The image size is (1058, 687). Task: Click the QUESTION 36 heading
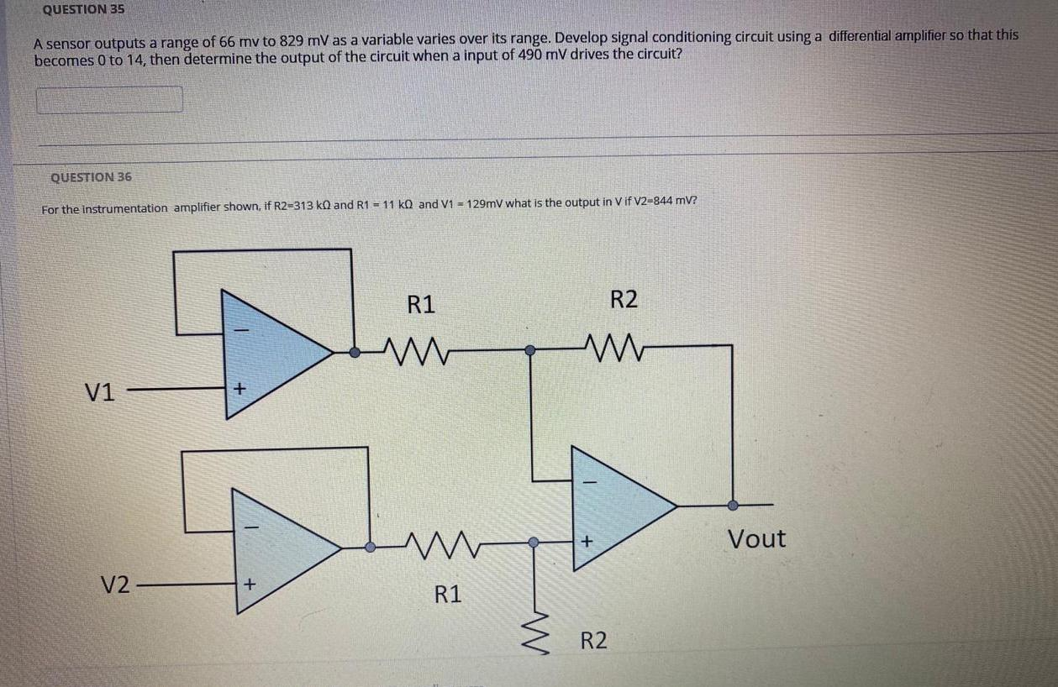[91, 177]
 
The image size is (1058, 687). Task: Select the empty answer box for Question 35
[108, 99]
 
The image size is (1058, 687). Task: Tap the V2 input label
[116, 585]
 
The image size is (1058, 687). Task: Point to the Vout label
[756, 538]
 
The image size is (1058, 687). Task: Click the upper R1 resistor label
[421, 304]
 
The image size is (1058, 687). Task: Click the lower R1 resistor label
[448, 595]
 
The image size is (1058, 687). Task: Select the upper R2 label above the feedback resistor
[624, 299]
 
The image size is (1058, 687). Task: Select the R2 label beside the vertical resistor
[594, 642]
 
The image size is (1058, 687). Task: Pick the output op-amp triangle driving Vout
[618, 506]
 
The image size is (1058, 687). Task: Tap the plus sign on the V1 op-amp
[239, 389]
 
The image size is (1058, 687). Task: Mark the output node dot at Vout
[732, 506]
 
